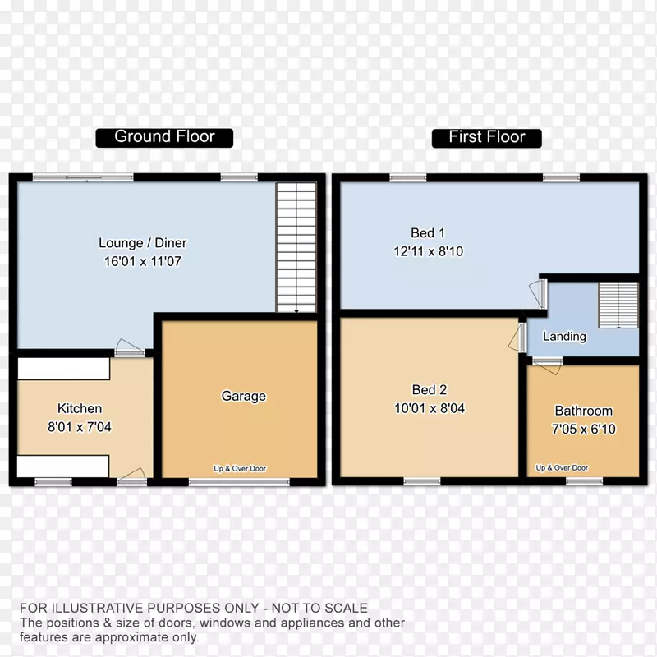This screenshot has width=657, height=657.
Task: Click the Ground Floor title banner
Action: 164,138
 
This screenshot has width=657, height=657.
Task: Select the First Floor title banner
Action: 486,138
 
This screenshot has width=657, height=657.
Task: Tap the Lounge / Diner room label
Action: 143,243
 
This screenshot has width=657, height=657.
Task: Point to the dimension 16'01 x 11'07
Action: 143,261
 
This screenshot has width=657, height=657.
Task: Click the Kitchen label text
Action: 80,408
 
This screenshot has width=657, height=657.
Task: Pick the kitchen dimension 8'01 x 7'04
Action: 80,427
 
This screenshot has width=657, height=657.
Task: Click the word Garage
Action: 243,397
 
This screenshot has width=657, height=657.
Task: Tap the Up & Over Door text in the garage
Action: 240,468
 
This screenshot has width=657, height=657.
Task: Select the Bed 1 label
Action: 428,233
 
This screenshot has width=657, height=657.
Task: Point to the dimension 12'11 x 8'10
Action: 428,251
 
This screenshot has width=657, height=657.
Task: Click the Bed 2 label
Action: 430,390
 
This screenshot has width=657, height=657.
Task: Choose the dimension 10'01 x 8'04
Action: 430,408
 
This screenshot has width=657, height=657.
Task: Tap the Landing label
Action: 564,337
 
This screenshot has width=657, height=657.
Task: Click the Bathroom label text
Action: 584,411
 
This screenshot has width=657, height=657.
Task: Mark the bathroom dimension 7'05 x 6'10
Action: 584,430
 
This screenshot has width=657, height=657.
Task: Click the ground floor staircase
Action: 296,247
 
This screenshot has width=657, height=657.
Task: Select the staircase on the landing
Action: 618,305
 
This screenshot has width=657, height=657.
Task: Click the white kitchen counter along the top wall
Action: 64,368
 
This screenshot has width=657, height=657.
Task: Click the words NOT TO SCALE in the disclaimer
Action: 319,608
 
